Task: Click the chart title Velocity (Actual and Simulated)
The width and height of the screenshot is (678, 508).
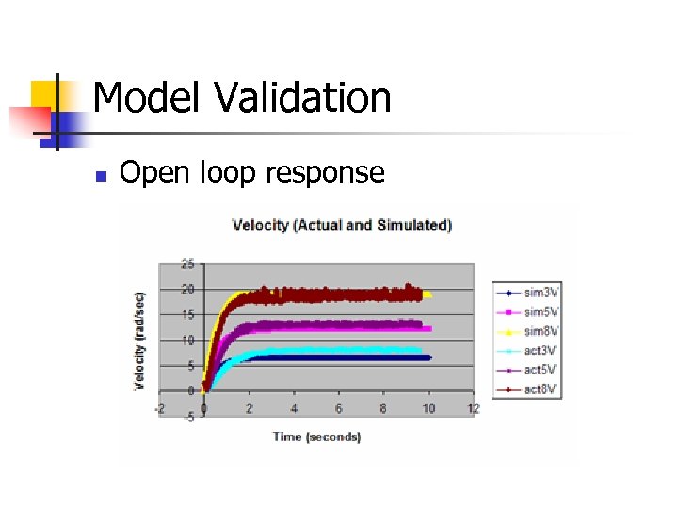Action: [342, 225]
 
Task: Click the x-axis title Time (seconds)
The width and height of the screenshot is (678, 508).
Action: [316, 437]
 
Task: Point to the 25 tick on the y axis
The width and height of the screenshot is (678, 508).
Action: [187, 263]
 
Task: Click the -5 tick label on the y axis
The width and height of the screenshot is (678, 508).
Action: [187, 417]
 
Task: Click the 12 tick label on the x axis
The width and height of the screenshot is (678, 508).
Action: [474, 409]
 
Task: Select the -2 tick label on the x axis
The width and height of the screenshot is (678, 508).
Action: [159, 409]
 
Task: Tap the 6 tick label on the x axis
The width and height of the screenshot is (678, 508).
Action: [339, 409]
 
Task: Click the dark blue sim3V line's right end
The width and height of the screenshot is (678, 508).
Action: [428, 357]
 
